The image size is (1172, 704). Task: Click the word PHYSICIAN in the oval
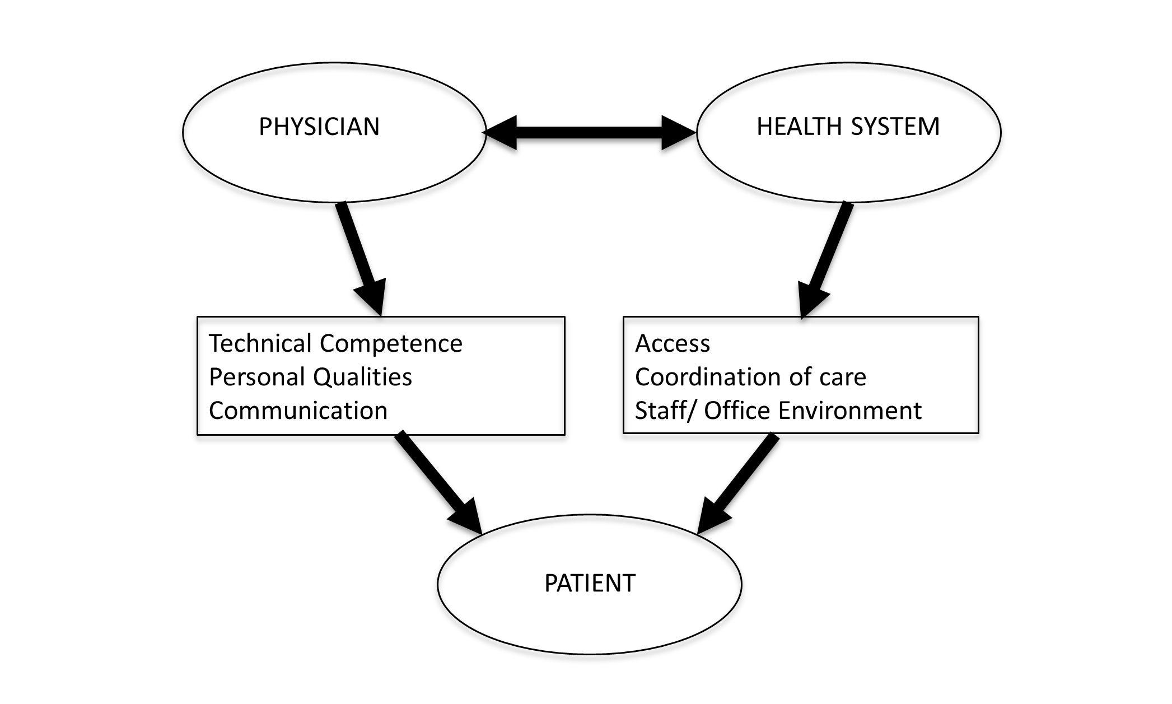319,127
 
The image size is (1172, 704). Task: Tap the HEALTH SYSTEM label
848,127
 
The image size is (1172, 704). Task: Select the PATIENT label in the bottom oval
590,584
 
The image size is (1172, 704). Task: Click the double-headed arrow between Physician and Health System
590,133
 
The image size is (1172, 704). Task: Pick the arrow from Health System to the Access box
825,258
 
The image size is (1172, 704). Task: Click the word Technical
259,343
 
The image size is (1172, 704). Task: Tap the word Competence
391,343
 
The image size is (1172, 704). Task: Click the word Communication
298,411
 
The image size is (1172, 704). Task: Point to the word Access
672,343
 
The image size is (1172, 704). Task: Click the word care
843,377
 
